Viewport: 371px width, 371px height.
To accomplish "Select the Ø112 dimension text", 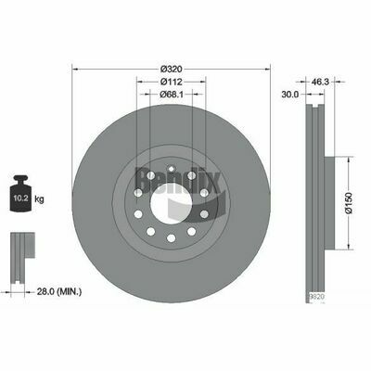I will [170, 81].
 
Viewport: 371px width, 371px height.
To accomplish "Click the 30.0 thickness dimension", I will [289, 94].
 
